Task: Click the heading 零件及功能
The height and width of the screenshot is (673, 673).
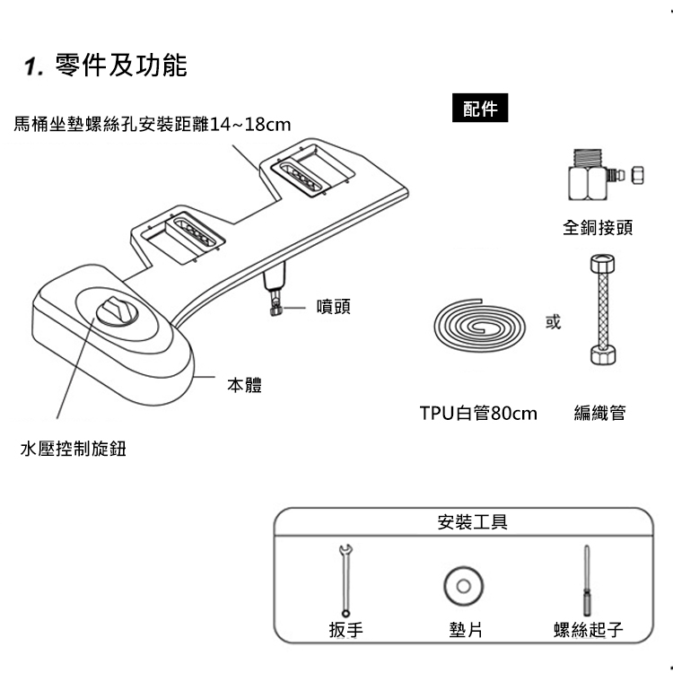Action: [x=120, y=66]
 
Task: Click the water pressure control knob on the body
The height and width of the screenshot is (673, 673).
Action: [x=115, y=310]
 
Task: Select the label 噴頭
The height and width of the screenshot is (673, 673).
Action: [x=333, y=307]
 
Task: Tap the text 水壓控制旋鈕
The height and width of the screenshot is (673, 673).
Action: [x=73, y=449]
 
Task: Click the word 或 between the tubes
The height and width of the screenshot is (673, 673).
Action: [x=553, y=322]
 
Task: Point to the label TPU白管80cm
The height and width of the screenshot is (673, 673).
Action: [x=478, y=414]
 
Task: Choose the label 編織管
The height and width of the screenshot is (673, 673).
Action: [x=599, y=414]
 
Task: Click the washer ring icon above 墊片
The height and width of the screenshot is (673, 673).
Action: [x=463, y=586]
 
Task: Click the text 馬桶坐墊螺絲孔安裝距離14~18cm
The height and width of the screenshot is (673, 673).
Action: [x=153, y=123]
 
